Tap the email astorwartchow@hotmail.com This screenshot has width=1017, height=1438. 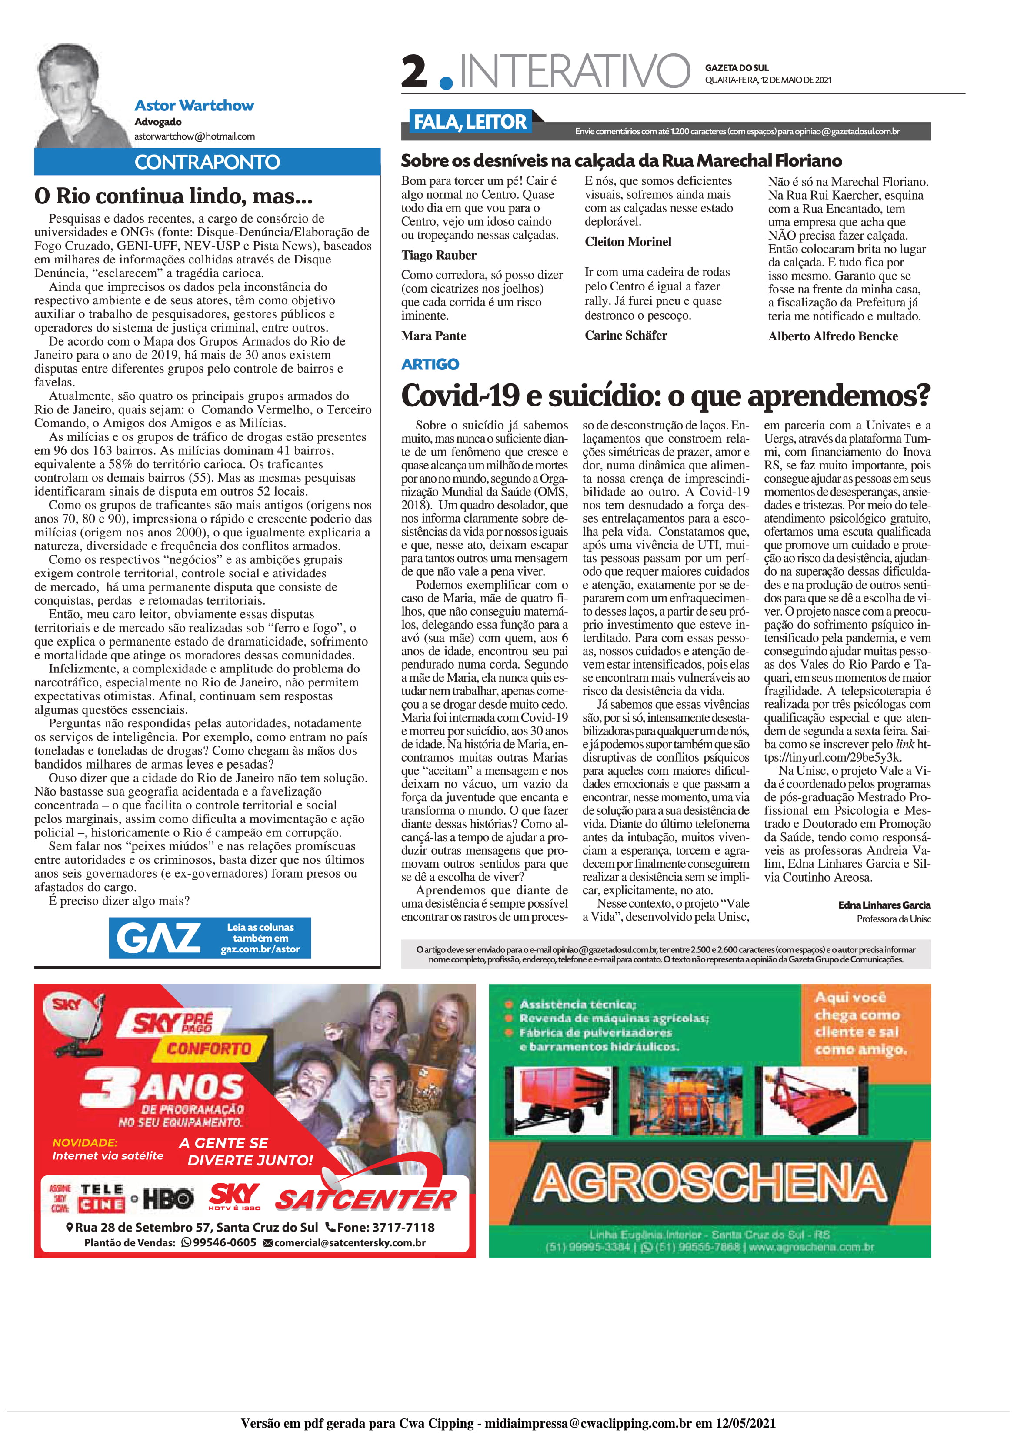(x=194, y=136)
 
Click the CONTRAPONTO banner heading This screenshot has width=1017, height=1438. (x=207, y=162)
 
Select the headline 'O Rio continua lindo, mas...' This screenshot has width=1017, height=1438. (x=173, y=196)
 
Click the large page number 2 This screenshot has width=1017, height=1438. (x=415, y=72)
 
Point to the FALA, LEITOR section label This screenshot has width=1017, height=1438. (x=470, y=122)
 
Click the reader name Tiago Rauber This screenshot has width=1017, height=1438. (x=439, y=255)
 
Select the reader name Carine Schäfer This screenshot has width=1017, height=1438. (x=625, y=335)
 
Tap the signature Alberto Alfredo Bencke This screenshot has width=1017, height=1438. (x=832, y=336)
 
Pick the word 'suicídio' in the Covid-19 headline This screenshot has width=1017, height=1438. (x=602, y=395)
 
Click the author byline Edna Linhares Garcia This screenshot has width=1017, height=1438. (x=884, y=905)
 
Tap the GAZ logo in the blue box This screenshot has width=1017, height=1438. (x=159, y=938)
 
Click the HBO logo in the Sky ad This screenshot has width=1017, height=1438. (x=168, y=1199)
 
